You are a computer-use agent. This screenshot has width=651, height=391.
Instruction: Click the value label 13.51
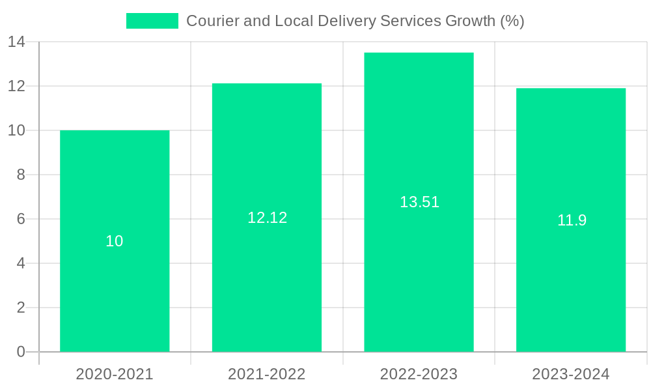(419, 202)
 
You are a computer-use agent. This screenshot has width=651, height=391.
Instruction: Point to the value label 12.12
(267, 218)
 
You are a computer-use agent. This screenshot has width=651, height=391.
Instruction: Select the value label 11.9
(572, 220)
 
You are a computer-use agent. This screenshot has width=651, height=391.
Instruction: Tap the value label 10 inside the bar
(115, 241)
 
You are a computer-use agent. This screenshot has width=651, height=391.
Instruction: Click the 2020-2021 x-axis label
(115, 374)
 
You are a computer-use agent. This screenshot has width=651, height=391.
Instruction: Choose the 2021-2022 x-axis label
(267, 374)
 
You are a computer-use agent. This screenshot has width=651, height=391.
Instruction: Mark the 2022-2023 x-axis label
(419, 374)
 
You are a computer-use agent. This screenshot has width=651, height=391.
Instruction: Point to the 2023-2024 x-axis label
(571, 374)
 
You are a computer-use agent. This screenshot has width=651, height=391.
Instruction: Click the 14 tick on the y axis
(16, 42)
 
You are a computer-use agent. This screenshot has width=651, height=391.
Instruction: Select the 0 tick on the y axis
(21, 352)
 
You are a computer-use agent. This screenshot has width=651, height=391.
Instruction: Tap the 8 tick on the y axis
(21, 175)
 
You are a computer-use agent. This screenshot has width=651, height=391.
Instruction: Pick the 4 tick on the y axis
(21, 263)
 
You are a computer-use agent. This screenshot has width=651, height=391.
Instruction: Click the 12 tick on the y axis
(16, 86)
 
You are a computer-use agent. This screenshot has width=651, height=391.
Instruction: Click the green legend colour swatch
(152, 21)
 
